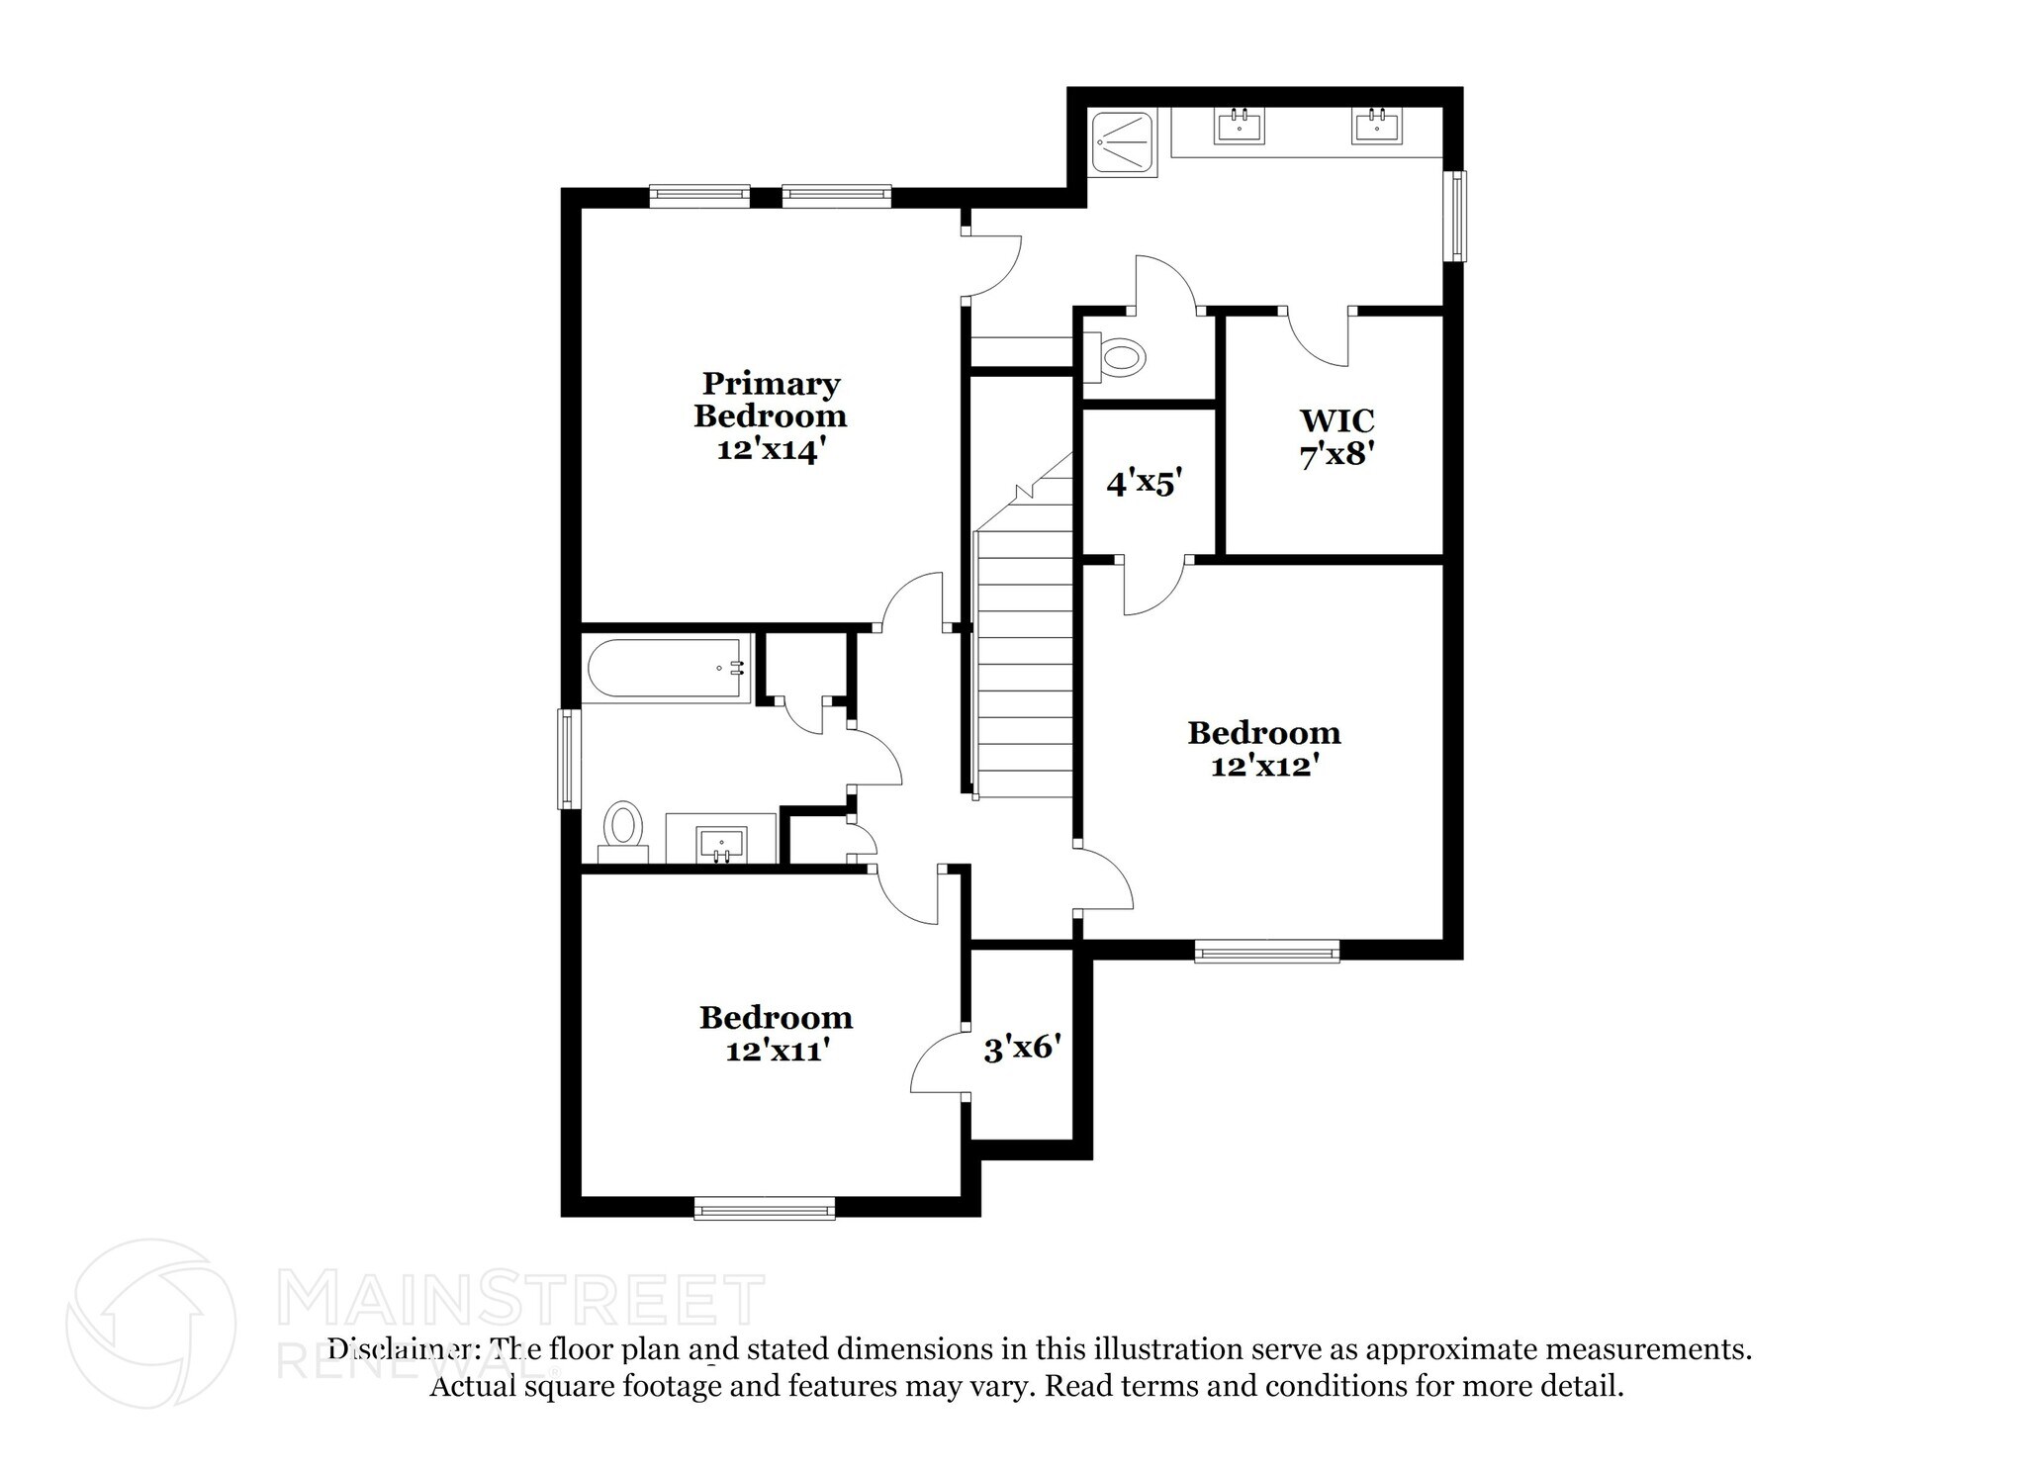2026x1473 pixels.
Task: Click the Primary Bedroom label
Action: (x=770, y=415)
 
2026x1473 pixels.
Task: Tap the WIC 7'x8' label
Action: (x=1336, y=436)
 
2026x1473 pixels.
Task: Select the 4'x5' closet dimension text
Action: (x=1145, y=484)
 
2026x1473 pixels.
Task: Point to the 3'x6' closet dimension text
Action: (x=1022, y=1047)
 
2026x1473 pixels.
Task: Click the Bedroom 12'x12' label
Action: (x=1263, y=748)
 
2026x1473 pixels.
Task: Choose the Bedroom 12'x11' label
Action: (x=776, y=1033)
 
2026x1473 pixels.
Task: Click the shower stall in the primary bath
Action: (x=1123, y=144)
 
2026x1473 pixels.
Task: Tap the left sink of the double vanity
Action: (x=1239, y=127)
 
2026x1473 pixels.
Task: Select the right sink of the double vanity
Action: (x=1376, y=127)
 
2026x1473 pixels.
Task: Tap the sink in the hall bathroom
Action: (x=721, y=844)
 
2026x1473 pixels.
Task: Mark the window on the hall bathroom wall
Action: (x=567, y=759)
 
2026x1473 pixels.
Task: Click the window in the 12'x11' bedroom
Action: (x=764, y=1208)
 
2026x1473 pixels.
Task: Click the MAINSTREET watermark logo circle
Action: (x=150, y=1323)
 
